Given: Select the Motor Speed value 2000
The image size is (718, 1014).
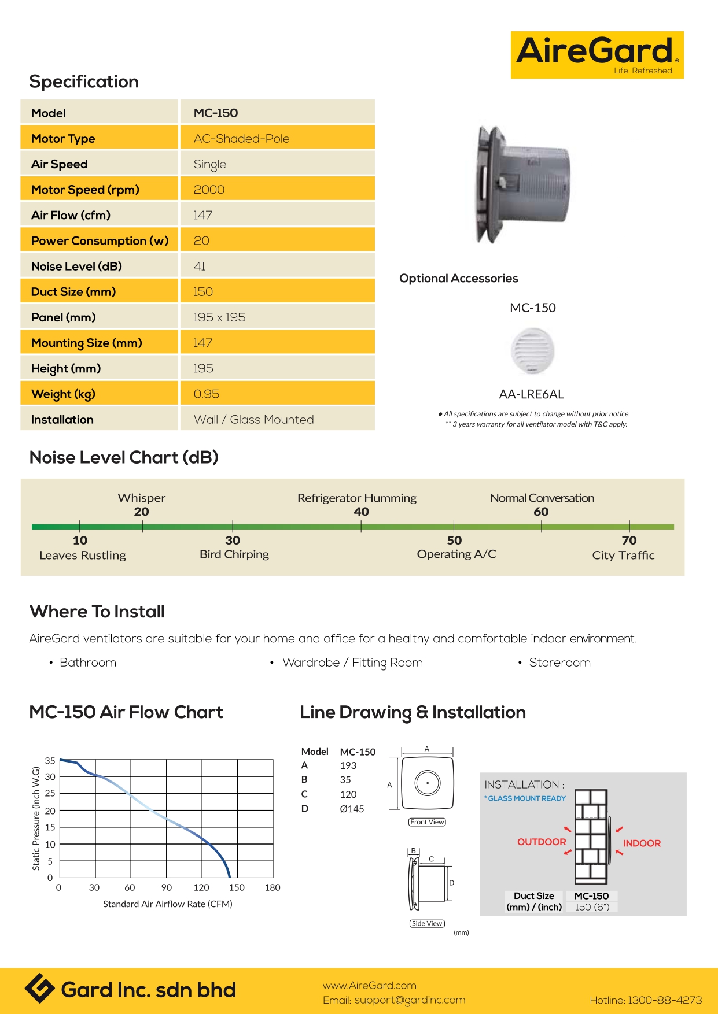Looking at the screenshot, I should tap(209, 190).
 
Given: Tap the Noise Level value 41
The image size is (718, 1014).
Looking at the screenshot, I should tap(200, 267).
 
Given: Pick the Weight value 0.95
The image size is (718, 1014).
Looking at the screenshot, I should tap(207, 394).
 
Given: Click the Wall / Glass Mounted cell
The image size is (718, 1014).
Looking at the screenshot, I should tap(253, 420).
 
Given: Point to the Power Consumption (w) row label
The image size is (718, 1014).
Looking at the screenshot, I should tap(100, 241).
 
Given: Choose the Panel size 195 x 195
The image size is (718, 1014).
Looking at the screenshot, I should tap(219, 317).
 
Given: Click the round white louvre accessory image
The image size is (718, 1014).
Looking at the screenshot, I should tap(533, 351).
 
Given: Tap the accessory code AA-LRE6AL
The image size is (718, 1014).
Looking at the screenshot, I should tap(531, 394).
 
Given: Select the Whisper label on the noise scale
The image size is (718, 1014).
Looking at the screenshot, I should tap(142, 498).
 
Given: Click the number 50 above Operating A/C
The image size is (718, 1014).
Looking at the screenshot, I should tap(454, 541).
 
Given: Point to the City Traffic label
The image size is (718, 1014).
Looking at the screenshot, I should tap(623, 556).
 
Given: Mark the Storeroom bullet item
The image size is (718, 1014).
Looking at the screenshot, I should tap(559, 663).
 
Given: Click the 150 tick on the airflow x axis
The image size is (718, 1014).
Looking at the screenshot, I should tap(237, 887).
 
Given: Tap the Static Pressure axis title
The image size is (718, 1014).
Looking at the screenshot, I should tap(36, 818).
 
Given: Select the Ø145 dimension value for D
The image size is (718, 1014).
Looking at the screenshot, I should tap(352, 809).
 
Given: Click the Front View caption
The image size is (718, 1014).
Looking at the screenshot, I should tap(427, 822).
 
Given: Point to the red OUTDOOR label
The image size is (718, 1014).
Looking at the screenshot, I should tap(542, 842).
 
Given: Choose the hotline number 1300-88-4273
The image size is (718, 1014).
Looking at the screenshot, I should tap(665, 1000).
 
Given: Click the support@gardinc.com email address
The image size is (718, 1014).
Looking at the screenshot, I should tap(410, 1000).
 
